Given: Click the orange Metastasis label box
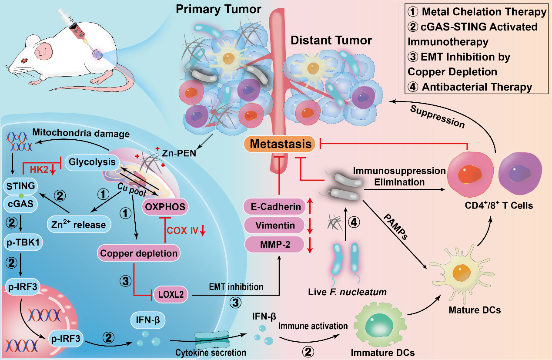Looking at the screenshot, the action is [280, 144].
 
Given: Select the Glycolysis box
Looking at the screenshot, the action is [92, 162].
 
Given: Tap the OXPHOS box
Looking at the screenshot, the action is [165, 207].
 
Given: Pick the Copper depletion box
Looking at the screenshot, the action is [138, 253].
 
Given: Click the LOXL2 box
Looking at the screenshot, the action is [171, 294].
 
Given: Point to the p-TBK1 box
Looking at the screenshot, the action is [23, 242].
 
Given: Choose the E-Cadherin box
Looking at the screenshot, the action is [275, 207].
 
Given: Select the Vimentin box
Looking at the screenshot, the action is [275, 225].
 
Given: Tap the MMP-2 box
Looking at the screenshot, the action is [275, 245].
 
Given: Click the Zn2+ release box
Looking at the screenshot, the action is [79, 224].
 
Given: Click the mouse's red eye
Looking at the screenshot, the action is [24, 61].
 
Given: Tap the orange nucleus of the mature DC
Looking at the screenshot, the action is [462, 273].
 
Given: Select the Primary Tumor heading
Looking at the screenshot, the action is [218, 10].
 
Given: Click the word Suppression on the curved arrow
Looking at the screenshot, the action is [438, 117].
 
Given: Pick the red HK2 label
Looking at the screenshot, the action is [39, 170].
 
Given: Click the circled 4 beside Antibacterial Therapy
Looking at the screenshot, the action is [413, 87].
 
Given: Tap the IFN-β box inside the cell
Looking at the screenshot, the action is [147, 320].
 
